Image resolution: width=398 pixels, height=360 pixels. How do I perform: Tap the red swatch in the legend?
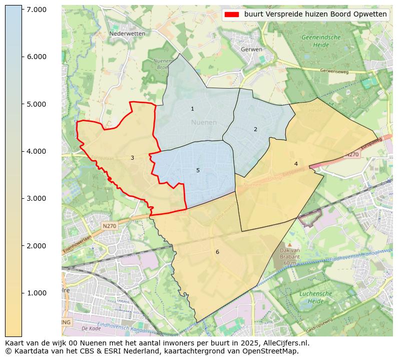pos(233,15)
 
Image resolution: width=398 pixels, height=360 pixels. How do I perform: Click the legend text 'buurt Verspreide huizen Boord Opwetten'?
pos(315,15)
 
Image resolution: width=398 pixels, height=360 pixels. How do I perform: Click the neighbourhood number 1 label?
pos(192,109)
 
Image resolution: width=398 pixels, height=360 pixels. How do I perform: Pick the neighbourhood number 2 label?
pos(255,129)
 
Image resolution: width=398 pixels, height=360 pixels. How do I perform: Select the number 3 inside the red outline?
pos(132,158)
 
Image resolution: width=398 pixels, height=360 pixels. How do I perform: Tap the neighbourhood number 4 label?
pos(296,164)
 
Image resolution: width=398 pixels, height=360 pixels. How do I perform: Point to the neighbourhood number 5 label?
pos(198,170)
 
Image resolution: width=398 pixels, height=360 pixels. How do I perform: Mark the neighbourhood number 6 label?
pos(217,252)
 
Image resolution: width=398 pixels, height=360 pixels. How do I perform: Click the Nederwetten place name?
pos(127,34)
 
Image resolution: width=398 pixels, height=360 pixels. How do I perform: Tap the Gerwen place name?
pos(251,50)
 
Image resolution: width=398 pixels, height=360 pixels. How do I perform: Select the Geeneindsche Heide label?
pos(321,41)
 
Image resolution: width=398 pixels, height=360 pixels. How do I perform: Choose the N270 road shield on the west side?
pos(109,226)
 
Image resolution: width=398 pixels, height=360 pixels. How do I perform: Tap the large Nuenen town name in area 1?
pos(204,122)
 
